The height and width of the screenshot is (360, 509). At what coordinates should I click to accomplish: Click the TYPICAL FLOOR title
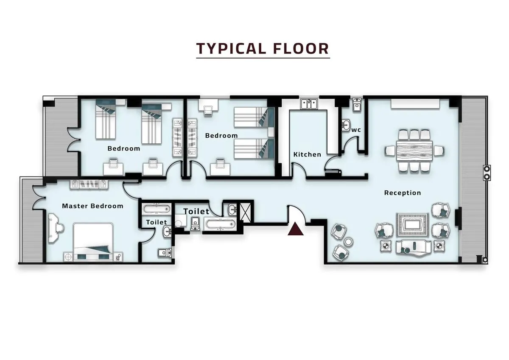click(263, 48)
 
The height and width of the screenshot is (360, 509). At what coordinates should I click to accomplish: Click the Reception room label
click(402, 193)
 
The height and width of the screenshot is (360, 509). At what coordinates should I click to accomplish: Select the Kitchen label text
click(307, 154)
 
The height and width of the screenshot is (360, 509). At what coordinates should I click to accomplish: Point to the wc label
click(356, 130)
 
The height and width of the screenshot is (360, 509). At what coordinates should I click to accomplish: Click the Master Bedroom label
click(92, 206)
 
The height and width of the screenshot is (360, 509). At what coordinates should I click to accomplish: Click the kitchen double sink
click(308, 104)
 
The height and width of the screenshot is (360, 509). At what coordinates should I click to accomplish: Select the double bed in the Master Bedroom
click(93, 242)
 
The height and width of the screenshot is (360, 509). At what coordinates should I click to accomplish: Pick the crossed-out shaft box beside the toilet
click(246, 211)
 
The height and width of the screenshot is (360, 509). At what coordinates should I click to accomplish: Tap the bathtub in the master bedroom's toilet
click(156, 209)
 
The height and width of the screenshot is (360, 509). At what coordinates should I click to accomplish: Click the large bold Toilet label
click(196, 211)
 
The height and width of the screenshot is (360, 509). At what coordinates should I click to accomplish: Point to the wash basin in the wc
click(346, 124)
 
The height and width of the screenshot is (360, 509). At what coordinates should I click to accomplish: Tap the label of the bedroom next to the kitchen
click(221, 136)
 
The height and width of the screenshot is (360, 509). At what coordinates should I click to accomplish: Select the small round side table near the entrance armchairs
click(348, 242)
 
